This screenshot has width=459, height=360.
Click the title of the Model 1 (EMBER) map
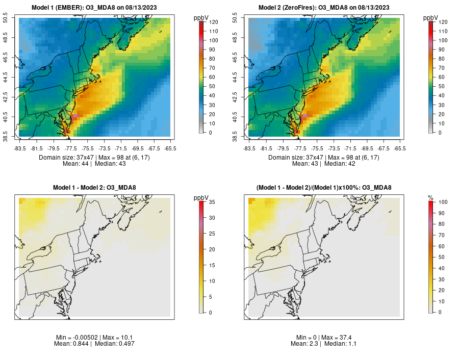coord(94,8)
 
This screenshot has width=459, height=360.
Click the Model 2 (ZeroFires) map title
coord(324,8)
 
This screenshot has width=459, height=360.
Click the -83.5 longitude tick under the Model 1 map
coord(20,148)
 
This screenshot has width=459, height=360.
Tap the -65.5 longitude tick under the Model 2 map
coord(400,148)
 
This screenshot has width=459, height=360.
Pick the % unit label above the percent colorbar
coord(430,197)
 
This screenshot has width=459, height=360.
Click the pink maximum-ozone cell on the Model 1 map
coord(74,117)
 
